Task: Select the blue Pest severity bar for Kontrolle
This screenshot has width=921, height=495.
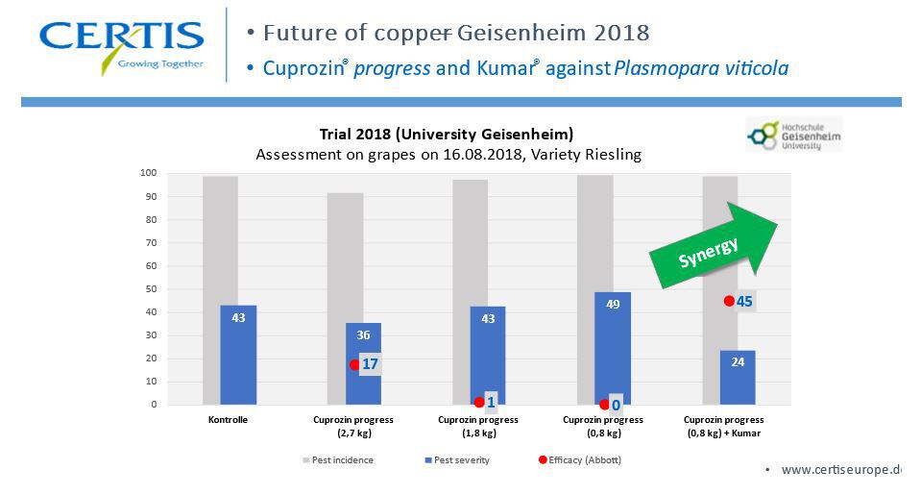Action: [238, 355]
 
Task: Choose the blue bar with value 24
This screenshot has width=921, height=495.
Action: [738, 377]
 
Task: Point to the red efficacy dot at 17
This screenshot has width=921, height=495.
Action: [354, 365]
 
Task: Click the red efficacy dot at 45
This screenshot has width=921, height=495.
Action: [729, 301]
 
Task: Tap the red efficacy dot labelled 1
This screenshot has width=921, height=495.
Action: [479, 403]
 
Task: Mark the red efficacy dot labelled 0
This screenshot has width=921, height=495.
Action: [604, 405]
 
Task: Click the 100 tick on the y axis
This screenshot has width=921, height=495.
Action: [148, 173]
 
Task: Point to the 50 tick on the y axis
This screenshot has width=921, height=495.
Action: [150, 288]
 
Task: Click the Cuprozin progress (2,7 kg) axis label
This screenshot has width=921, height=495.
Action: [353, 426]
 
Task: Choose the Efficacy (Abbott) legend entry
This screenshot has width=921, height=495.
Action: [580, 460]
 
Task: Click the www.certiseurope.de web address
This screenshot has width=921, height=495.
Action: [839, 470]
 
